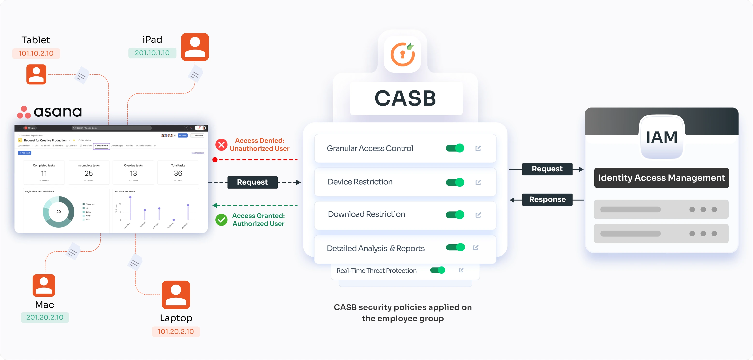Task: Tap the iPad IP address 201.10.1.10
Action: [x=152, y=53]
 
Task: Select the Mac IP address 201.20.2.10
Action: [x=45, y=317]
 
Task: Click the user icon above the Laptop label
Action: [x=176, y=295]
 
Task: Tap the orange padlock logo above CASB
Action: [x=403, y=54]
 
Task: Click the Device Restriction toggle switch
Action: [x=455, y=182]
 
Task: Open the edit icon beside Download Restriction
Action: [x=478, y=215]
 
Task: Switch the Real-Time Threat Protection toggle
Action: [x=438, y=270]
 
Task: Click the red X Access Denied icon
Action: [x=221, y=145]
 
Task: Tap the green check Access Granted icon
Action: [x=221, y=220]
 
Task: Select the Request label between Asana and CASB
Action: [x=252, y=182]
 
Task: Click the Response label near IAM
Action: [x=547, y=199]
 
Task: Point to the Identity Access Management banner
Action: [x=661, y=178]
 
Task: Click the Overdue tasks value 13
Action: [x=133, y=173]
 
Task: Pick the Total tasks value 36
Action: [x=178, y=173]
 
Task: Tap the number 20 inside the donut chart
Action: [x=58, y=212]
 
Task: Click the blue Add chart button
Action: [x=25, y=153]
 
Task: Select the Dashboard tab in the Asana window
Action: [x=101, y=146]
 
